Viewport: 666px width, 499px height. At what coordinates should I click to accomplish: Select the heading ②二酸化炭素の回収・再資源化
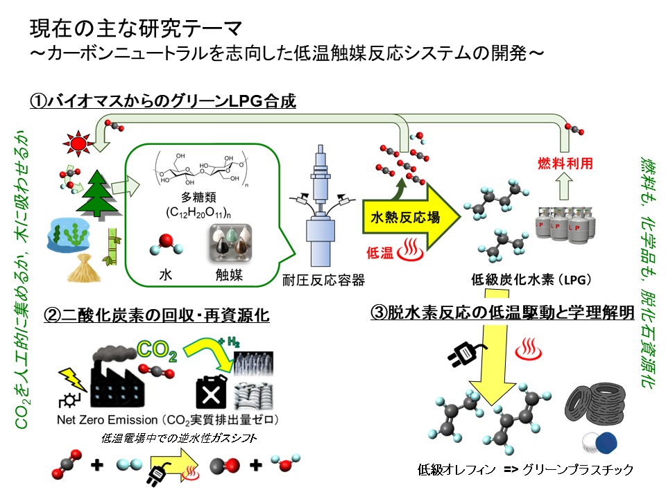[156, 316]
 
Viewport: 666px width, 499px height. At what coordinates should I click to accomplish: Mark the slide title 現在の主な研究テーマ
[135, 29]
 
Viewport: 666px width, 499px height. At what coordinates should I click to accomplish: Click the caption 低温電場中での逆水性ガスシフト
[179, 438]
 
